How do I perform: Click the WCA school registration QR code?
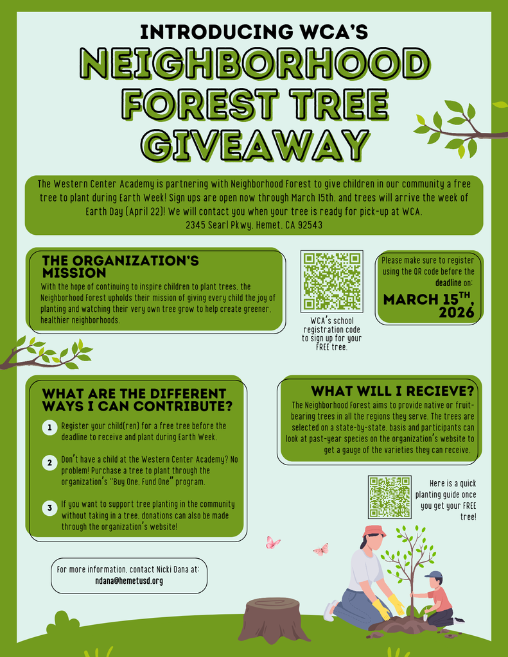(x=332, y=281)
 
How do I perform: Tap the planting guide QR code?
(x=390, y=497)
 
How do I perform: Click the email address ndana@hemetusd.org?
(x=129, y=581)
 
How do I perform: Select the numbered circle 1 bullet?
(x=49, y=428)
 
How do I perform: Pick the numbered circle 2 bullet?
(x=49, y=463)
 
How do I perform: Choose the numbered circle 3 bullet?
(x=49, y=508)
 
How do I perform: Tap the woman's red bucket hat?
(x=374, y=531)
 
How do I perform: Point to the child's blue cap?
(x=434, y=575)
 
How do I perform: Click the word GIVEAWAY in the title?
(x=256, y=145)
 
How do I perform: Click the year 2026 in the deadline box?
(x=457, y=312)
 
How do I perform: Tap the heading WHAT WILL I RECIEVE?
(x=392, y=391)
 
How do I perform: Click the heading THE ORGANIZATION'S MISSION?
(x=120, y=266)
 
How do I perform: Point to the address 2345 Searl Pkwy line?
(x=254, y=225)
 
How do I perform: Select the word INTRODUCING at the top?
(x=217, y=32)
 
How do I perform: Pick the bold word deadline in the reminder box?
(x=448, y=283)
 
